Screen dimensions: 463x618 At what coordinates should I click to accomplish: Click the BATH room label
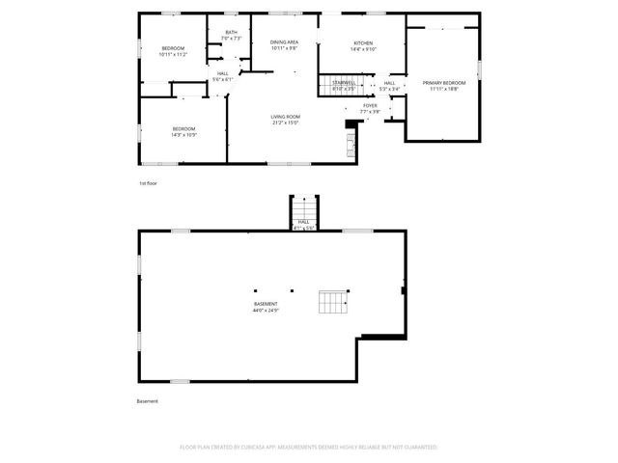click(x=231, y=33)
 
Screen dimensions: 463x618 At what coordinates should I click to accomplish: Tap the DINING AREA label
click(x=284, y=42)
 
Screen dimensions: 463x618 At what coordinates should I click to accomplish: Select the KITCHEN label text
click(x=363, y=43)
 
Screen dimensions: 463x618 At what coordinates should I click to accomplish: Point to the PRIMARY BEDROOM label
click(x=442, y=83)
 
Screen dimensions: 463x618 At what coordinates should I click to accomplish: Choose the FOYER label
click(x=370, y=105)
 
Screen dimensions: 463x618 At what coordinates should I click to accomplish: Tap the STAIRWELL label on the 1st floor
click(x=343, y=83)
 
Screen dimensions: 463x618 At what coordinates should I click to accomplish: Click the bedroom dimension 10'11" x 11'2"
click(x=172, y=55)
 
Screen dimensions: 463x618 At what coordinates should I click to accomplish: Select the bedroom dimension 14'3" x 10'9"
click(x=183, y=135)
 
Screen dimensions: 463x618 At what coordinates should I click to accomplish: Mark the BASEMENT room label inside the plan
click(x=266, y=304)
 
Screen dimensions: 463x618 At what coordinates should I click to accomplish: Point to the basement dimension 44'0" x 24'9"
click(x=266, y=311)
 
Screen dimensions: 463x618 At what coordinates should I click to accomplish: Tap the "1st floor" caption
click(x=149, y=181)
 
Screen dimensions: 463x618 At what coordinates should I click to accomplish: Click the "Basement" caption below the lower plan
click(x=147, y=401)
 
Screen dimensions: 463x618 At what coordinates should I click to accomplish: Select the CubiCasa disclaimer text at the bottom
click(x=309, y=447)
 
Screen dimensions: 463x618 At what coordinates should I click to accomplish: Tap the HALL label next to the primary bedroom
click(x=389, y=83)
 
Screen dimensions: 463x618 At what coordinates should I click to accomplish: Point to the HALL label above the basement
click(x=303, y=222)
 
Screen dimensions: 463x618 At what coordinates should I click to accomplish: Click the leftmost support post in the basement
click(x=255, y=288)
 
